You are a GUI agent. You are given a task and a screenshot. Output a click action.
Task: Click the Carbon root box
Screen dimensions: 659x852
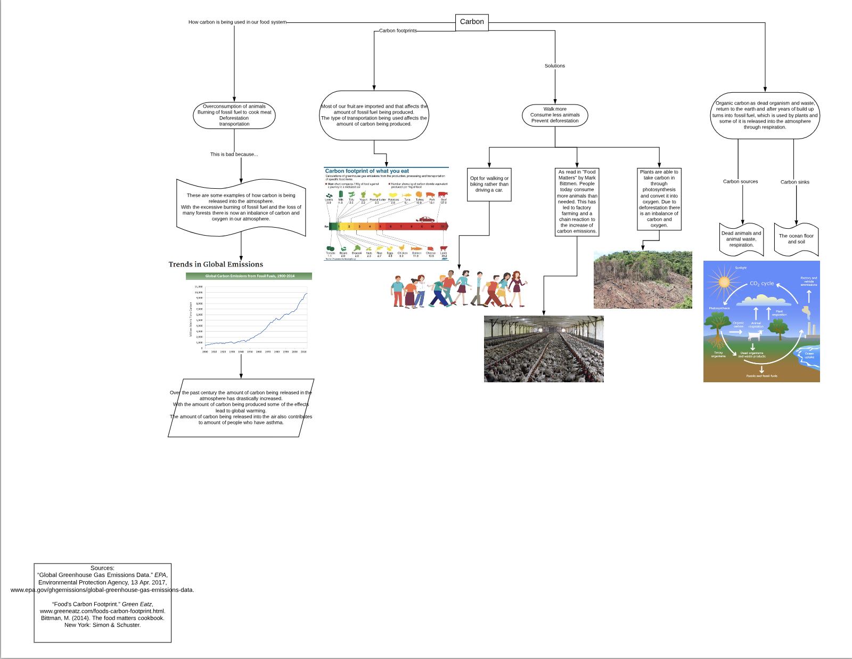pos(472,22)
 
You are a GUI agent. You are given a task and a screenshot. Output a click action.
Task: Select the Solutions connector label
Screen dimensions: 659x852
pos(554,66)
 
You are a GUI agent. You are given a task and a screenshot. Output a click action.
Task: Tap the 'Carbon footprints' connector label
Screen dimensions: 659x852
pos(398,31)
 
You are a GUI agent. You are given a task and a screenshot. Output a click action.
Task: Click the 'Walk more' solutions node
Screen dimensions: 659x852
pos(555,115)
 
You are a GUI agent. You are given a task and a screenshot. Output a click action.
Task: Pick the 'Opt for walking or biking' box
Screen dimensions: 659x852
pos(489,184)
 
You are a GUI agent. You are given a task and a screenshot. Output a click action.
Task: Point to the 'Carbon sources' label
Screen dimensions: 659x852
pos(740,182)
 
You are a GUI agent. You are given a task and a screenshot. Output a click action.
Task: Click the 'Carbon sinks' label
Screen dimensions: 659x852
pos(794,182)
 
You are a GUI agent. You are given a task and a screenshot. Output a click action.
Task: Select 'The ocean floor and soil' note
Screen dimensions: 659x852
pos(796,239)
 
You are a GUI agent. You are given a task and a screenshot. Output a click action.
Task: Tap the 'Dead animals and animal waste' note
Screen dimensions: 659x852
pos(741,239)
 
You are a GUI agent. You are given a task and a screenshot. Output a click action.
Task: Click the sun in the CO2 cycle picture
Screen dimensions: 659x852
pos(723,281)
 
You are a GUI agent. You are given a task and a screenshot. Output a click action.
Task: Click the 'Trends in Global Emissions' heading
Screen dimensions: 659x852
pos(216,264)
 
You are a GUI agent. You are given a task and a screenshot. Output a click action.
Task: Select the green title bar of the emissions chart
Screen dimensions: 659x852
pos(249,276)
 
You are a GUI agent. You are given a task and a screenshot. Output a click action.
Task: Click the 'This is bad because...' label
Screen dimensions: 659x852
pos(234,155)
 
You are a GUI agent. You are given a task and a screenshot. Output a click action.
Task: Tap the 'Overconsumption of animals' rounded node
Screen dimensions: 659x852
pos(234,115)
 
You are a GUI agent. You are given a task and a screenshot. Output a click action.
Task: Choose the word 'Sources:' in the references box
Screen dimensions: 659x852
pos(102,568)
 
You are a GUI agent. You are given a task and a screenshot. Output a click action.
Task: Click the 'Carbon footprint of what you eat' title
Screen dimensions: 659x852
pos(367,171)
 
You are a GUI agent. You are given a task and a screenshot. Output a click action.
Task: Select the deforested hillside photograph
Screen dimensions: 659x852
pos(643,280)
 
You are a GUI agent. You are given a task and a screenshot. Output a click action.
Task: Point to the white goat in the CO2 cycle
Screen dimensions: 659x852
pos(755,336)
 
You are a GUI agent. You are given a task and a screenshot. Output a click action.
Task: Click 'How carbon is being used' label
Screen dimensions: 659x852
pos(237,22)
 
